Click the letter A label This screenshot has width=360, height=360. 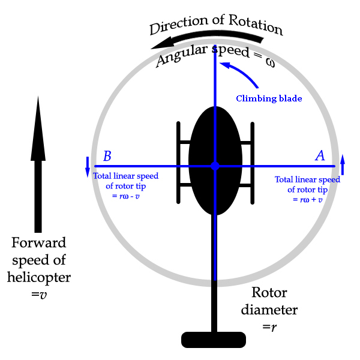[320, 156]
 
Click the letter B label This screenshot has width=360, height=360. [107, 156]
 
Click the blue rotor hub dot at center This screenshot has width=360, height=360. [215, 166]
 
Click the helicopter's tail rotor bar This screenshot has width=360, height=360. [214, 340]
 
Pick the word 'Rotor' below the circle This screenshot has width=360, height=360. [269, 293]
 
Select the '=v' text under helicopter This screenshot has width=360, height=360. [39, 295]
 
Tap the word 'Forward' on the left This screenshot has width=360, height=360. [38, 244]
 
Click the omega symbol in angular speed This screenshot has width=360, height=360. [269, 61]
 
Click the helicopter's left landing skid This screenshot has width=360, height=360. [178, 163]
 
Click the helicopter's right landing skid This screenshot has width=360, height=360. [252, 163]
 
